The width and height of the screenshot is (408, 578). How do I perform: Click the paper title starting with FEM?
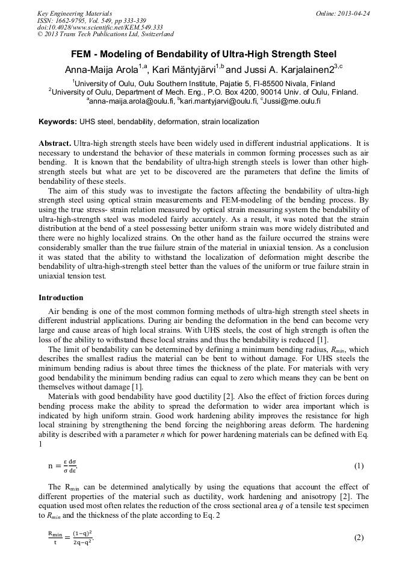[x=203, y=54]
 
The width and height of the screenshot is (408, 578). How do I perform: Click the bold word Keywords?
[x=57, y=122]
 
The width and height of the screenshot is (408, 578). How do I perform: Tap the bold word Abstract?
[x=54, y=145]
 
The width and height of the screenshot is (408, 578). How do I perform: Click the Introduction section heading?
[x=61, y=298]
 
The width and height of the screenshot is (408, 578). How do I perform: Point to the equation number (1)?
[x=359, y=466]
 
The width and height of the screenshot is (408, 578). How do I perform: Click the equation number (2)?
[x=359, y=538]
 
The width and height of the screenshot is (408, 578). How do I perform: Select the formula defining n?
[x=63, y=466]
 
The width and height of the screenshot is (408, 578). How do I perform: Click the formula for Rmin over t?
[x=70, y=537]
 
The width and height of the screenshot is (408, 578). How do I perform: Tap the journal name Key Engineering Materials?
[x=75, y=13]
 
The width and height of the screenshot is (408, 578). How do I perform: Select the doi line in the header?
[x=99, y=27]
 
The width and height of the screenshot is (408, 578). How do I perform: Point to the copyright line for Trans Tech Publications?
[x=105, y=34]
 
